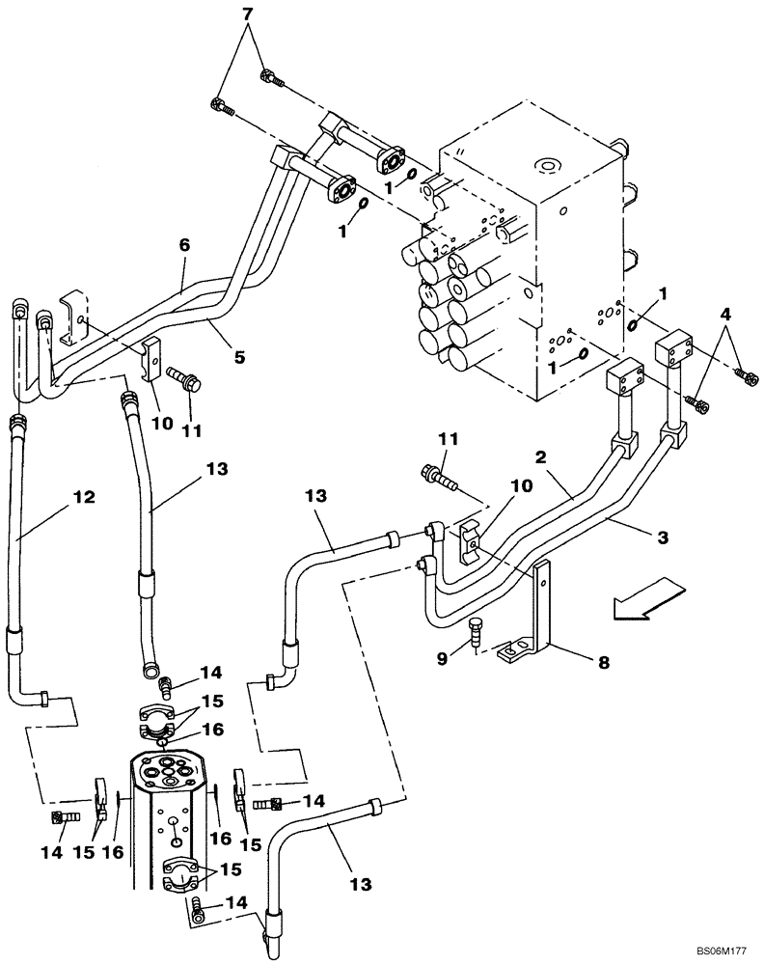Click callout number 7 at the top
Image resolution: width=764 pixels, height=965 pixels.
pyautogui.click(x=247, y=14)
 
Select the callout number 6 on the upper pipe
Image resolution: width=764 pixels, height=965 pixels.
pyautogui.click(x=182, y=246)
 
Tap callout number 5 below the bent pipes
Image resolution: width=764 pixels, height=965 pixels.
pyautogui.click(x=238, y=356)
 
